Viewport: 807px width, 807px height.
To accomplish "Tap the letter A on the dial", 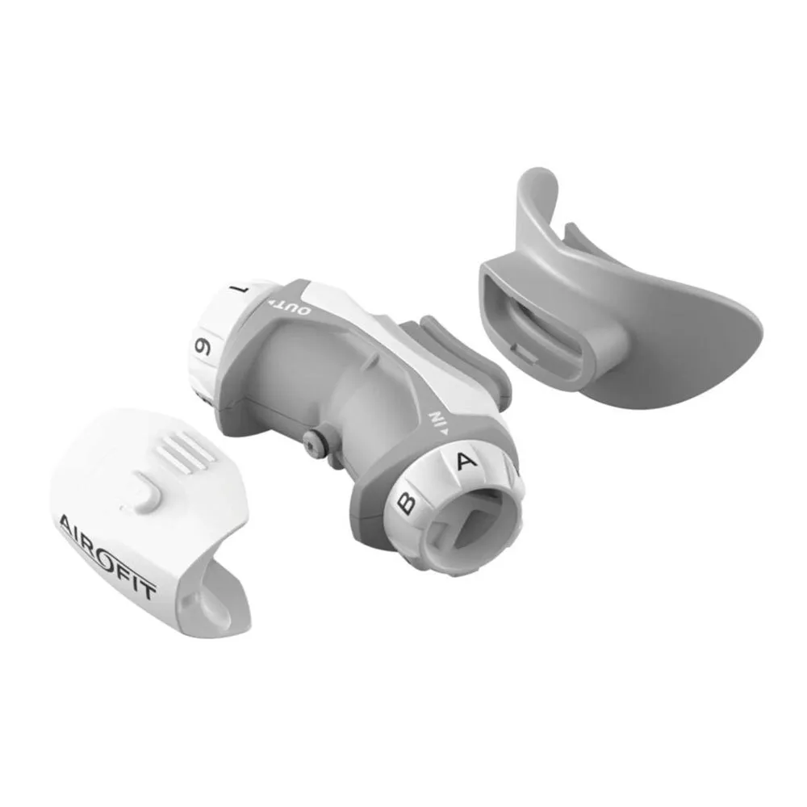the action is (466, 460).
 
